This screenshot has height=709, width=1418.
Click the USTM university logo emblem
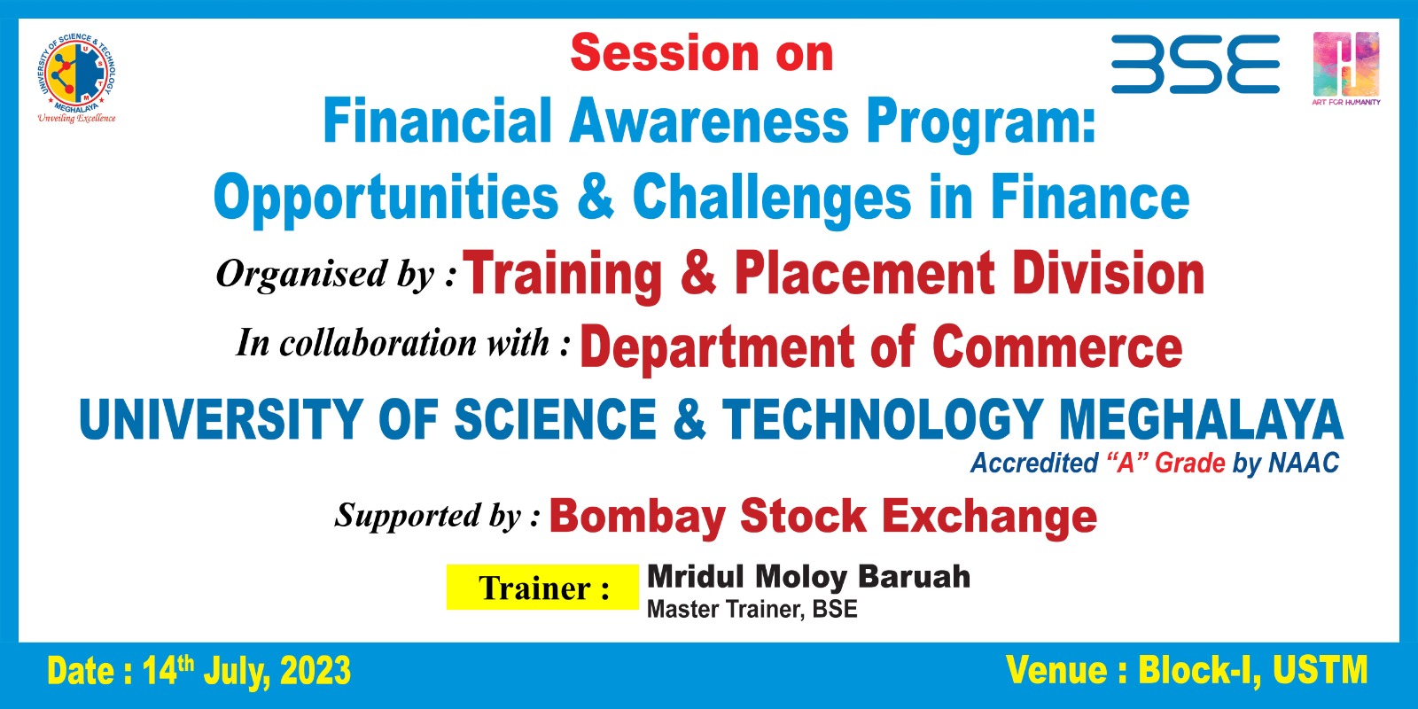coord(76,73)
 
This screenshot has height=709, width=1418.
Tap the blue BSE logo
coord(1196,65)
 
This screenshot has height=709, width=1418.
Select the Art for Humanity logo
coord(1346,68)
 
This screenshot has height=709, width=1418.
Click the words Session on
coord(701,54)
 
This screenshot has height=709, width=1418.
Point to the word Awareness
coord(709,121)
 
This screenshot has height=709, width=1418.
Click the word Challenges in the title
coord(772,199)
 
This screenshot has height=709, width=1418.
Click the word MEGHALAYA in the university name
coord(1201,419)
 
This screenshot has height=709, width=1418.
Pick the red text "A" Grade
coord(1165,463)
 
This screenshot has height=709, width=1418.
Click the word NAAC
coord(1304,463)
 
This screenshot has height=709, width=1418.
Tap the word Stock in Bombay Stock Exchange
coord(803,515)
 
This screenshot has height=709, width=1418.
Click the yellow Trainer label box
coord(542,587)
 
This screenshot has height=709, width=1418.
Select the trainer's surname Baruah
coord(914,576)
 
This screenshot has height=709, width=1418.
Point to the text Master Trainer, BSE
coord(752,609)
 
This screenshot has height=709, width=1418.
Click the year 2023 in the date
coord(315,671)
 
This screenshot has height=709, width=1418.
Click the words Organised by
coord(326,274)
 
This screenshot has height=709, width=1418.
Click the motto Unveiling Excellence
coord(76,119)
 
